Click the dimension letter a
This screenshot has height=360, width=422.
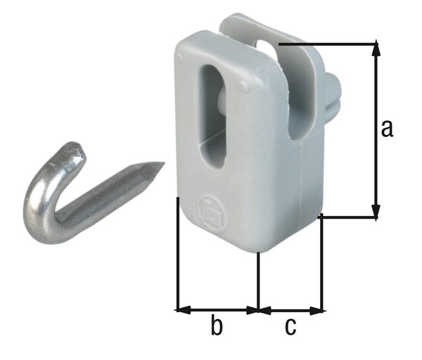tap(386, 129)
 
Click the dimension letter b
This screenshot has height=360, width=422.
tap(217, 326)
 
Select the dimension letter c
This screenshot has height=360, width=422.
tap(290, 327)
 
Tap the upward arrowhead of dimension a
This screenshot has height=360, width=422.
tap(376, 49)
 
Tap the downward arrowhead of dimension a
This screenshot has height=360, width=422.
tap(376, 213)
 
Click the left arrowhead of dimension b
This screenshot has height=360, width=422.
tap(180, 309)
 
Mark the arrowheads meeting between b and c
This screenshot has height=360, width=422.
tap(259, 309)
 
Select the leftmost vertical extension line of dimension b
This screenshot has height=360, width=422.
tap(176, 253)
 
